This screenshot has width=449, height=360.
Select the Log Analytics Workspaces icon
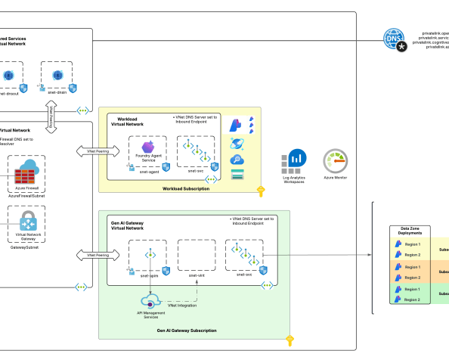pos(294,161)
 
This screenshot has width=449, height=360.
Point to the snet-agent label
pos(148,172)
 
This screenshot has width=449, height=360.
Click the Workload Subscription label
pos(184,188)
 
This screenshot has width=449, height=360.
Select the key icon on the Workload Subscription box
pos(260,191)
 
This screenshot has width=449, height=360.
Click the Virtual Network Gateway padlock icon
pos(28,222)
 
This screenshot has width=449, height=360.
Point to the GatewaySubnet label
pos(26,247)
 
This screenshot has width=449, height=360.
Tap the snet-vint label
pos(197,275)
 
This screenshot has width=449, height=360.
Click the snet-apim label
pos(149,275)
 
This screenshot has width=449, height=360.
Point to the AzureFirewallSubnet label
pos(26,196)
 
